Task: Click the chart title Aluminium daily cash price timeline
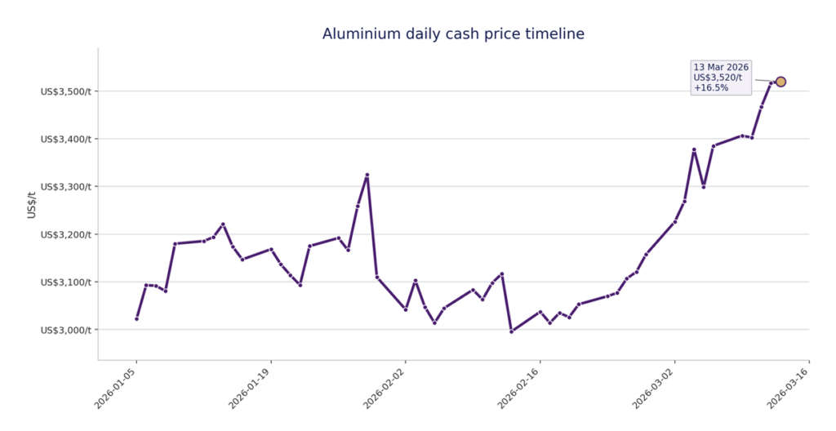tap(453, 34)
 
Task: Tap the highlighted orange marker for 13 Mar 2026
tap(780, 82)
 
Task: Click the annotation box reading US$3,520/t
tap(718, 78)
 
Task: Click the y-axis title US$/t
tap(32, 204)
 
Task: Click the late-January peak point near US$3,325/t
tap(367, 175)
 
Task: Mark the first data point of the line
tap(136, 318)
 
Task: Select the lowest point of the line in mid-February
tap(511, 331)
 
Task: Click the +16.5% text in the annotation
tap(711, 88)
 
